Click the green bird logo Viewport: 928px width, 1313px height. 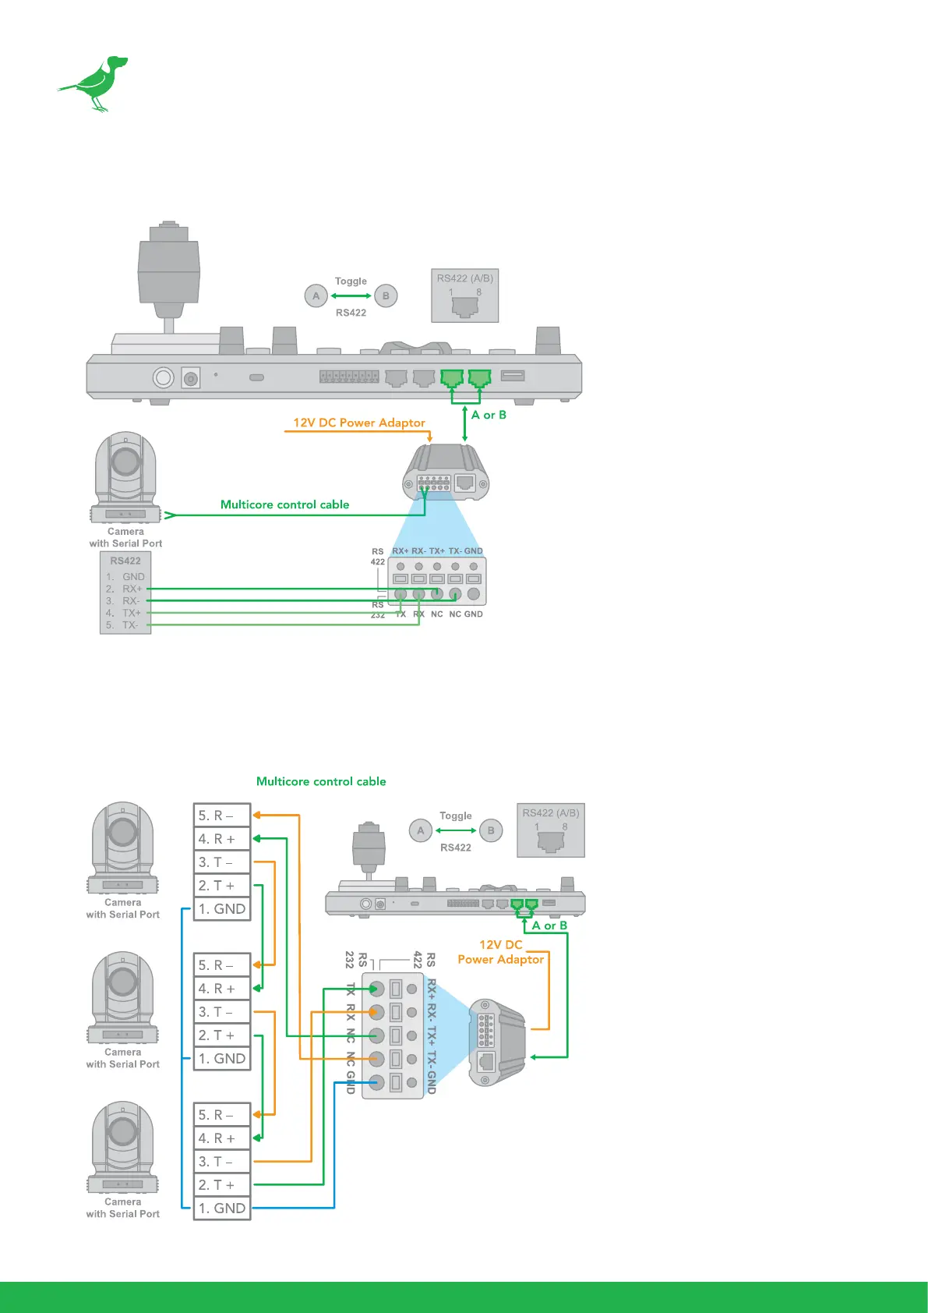point(95,82)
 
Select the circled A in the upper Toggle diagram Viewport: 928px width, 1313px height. point(316,296)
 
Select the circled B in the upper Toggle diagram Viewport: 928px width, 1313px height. point(386,296)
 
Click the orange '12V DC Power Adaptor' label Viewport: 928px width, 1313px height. point(358,423)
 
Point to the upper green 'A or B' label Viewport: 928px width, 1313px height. point(489,415)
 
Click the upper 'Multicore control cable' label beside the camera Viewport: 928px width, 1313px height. point(284,504)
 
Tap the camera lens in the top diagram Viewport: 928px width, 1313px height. point(125,462)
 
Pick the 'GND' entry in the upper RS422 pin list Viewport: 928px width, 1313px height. point(133,577)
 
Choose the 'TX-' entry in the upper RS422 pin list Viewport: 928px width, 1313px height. point(130,625)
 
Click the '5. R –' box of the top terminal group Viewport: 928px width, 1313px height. point(222,816)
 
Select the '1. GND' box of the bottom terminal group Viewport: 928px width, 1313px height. point(222,1209)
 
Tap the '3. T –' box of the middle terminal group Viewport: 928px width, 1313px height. point(222,1012)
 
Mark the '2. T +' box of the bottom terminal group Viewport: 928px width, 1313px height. point(222,1185)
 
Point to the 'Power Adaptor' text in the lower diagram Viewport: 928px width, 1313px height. point(500,960)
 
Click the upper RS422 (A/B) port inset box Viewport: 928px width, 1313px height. point(465,296)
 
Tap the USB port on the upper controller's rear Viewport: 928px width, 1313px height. point(513,376)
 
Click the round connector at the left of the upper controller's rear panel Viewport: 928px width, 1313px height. point(163,378)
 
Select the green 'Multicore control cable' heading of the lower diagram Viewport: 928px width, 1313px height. point(321,781)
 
